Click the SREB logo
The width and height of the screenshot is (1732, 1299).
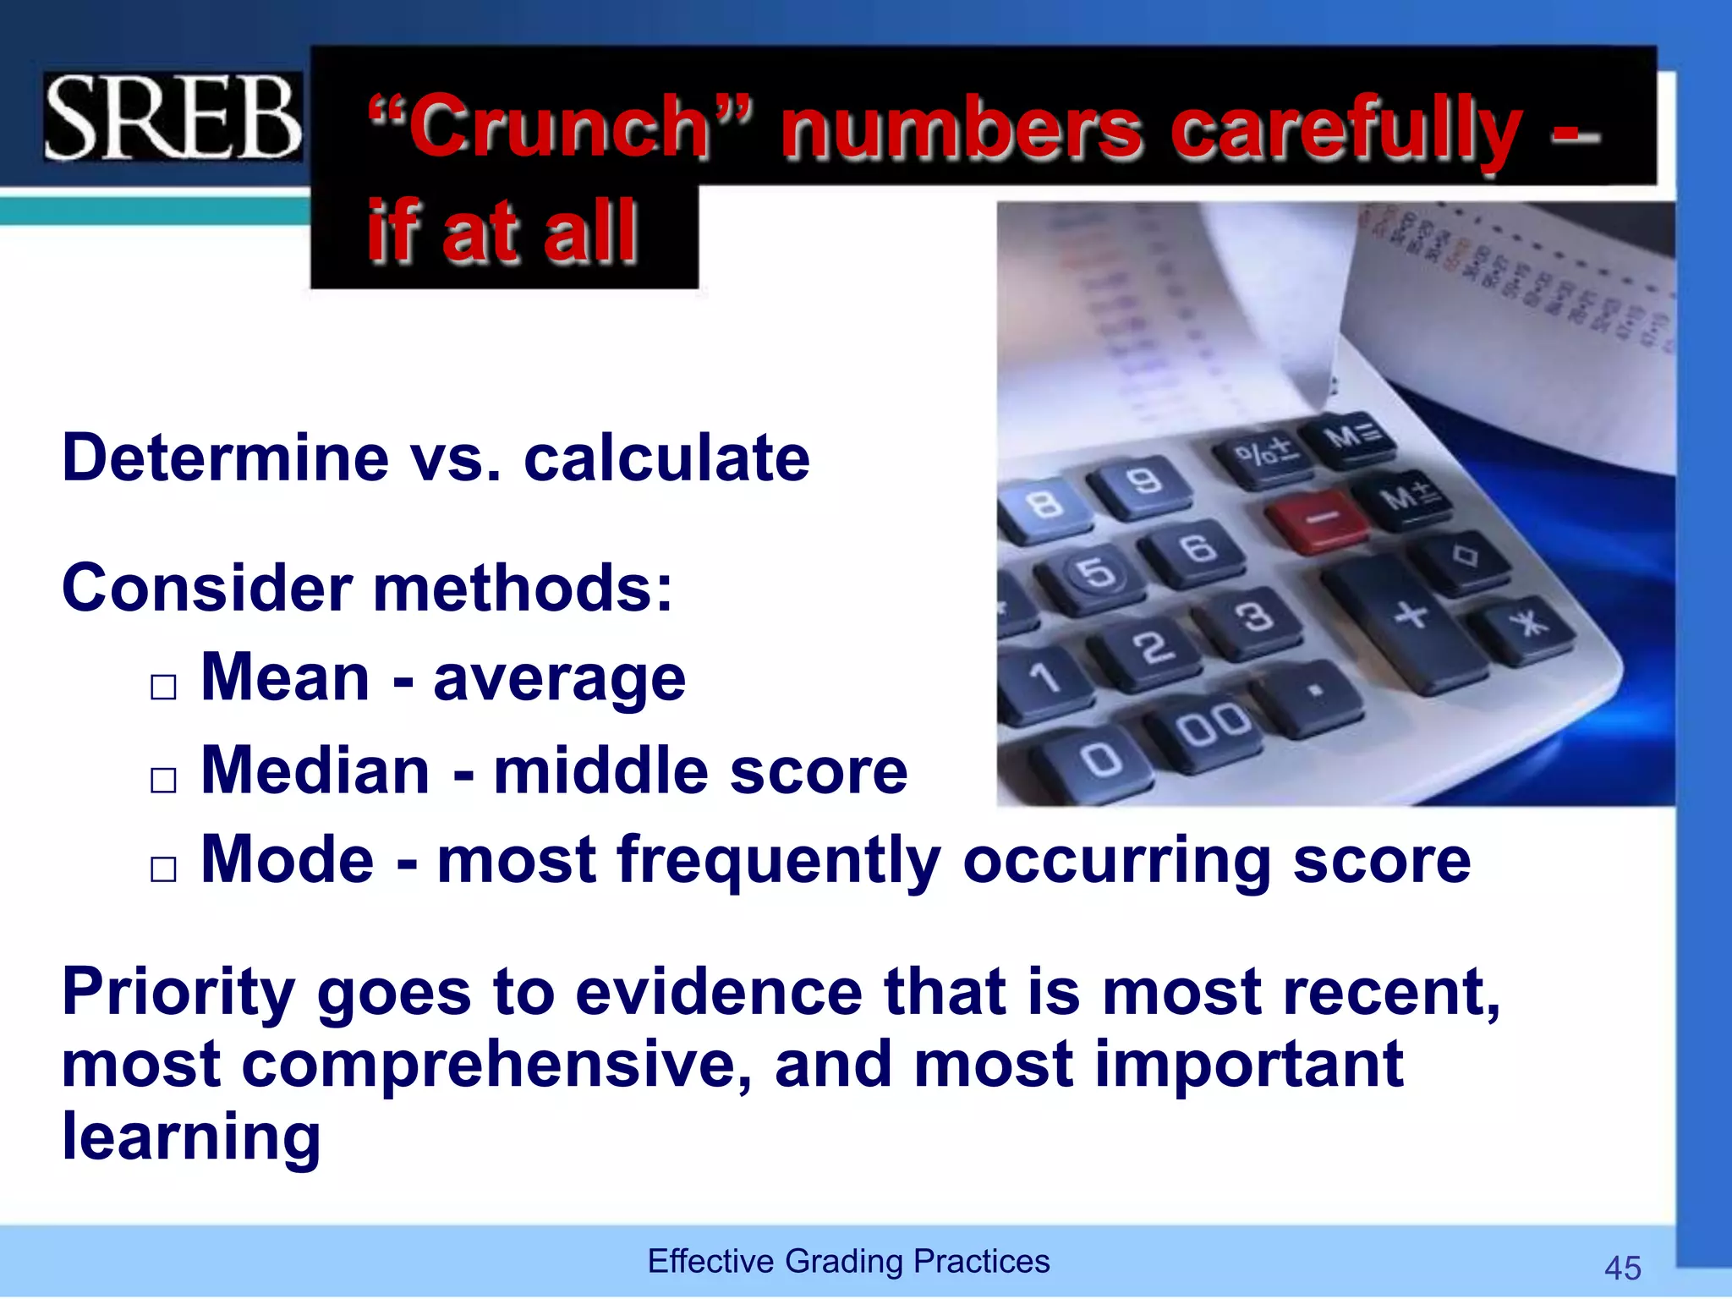click(x=173, y=117)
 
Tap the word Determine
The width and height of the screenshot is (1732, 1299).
click(x=225, y=458)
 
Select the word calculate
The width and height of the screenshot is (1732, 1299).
click(x=666, y=458)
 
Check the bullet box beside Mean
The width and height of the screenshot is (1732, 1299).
click(x=163, y=687)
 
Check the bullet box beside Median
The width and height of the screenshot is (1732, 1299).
click(x=163, y=779)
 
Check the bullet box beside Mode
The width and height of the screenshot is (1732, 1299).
click(x=163, y=869)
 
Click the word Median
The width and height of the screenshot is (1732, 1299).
click(x=315, y=771)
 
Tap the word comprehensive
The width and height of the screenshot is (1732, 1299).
click(x=496, y=1065)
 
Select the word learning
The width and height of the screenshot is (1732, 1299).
click(x=191, y=1137)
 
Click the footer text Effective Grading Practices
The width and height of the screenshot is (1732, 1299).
click(x=848, y=1261)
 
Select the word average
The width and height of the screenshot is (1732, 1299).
click(x=559, y=681)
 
